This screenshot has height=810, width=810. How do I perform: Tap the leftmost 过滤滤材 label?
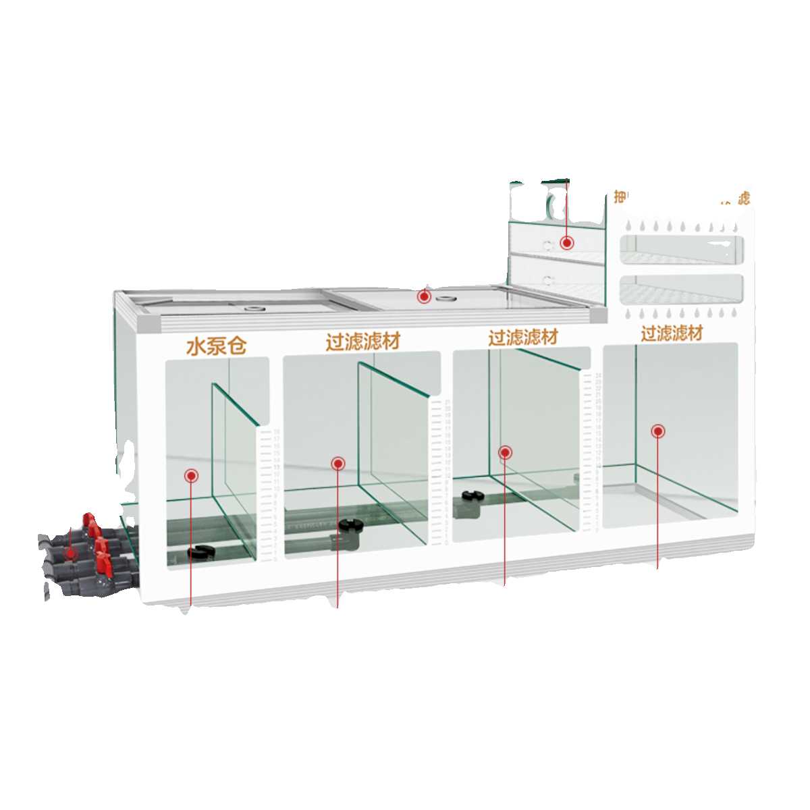[x=362, y=341]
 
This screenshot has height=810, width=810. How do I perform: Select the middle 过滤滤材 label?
[x=523, y=337]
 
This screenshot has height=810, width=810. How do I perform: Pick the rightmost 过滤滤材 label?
[x=672, y=333]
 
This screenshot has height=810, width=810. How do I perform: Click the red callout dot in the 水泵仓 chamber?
[x=192, y=476]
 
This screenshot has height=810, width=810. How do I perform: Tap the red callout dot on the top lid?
[x=424, y=296]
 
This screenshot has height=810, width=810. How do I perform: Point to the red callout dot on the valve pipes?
[x=69, y=553]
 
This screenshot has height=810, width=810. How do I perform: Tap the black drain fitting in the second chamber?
[x=350, y=525]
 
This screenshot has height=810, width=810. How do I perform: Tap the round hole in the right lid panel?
[x=444, y=298]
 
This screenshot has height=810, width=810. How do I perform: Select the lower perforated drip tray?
[x=680, y=288]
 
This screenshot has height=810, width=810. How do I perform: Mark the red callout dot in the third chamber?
[x=504, y=452]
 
